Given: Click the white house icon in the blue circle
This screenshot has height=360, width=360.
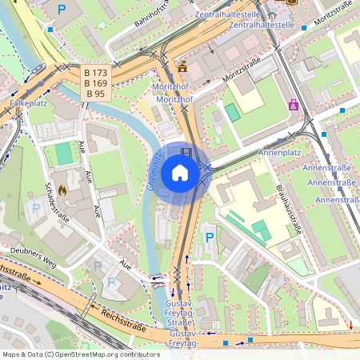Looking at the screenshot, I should pyautogui.click(x=180, y=173).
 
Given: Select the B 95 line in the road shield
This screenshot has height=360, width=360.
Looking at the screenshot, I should pyautogui.click(x=96, y=94).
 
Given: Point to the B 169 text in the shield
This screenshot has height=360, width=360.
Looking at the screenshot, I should pyautogui.click(x=96, y=83).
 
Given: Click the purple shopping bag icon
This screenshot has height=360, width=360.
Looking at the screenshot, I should pyautogui.click(x=294, y=105).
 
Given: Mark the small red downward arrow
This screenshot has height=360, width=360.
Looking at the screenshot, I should pyautogui.click(x=350, y=325).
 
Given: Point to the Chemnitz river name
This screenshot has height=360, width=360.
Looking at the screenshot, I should pyautogui.click(x=153, y=173).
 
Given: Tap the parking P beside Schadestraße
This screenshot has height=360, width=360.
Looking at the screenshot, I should pyautogui.click(x=36, y=210).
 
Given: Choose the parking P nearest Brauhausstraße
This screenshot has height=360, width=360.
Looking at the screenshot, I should pyautogui.click(x=210, y=238).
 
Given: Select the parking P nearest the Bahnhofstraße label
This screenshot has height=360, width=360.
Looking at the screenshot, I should pyautogui.click(x=62, y=10).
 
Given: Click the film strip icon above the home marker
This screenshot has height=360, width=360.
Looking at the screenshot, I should pyautogui.click(x=186, y=152).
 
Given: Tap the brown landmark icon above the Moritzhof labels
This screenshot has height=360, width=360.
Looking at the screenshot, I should pyautogui.click(x=182, y=66).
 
